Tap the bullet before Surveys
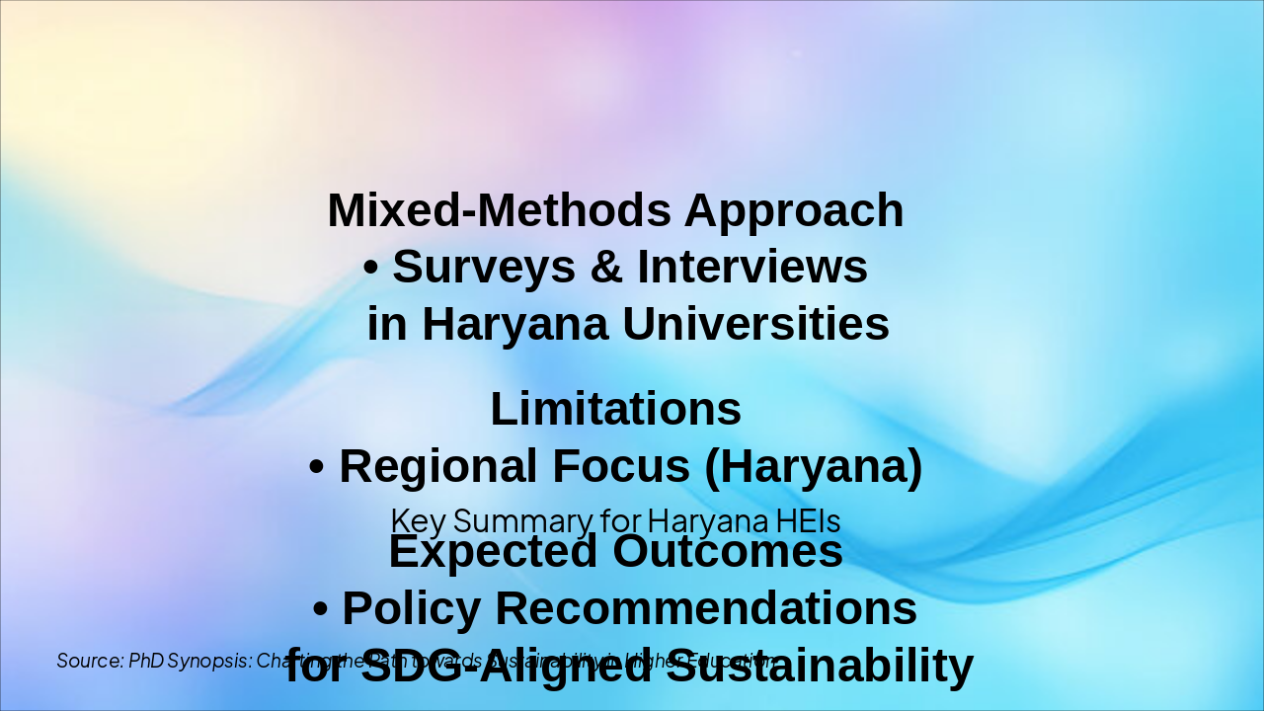[x=371, y=268]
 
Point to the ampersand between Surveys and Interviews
[x=606, y=268]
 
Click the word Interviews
[x=752, y=268]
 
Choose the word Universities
[x=754, y=324]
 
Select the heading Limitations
[x=615, y=409]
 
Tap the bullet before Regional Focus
[x=317, y=467]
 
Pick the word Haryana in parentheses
[x=813, y=467]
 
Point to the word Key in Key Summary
[x=418, y=519]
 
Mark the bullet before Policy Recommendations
[x=321, y=609]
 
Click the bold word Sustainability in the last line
[x=819, y=667]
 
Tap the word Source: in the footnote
[x=90, y=661]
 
